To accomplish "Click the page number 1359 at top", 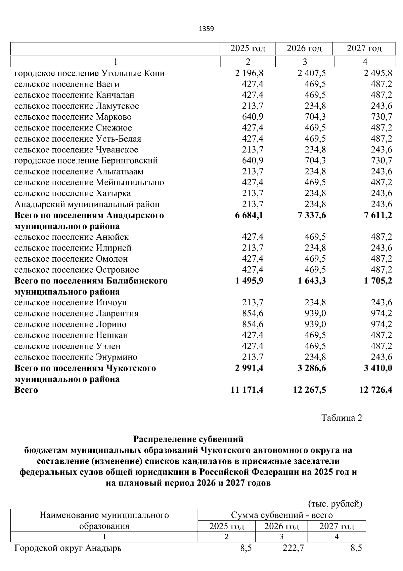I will [x=206, y=29].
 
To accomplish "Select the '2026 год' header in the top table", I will [x=304, y=48].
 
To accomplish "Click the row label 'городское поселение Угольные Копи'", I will [x=89, y=73].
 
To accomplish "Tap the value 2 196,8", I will [x=249, y=73].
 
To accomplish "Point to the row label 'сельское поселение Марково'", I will [x=73, y=117].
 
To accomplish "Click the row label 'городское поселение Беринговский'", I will [x=86, y=161].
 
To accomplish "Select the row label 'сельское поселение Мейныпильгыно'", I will [x=89, y=183].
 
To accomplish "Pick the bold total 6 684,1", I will [x=249, y=215].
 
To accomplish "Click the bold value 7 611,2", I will [x=378, y=215].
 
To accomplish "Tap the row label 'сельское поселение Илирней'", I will [x=73, y=248].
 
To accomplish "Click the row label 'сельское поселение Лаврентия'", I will [x=76, y=314].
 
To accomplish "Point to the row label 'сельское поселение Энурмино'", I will [x=76, y=357].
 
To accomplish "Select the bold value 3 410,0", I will [x=378, y=368].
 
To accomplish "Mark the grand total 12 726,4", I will [x=375, y=390].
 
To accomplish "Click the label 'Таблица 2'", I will [x=342, y=418].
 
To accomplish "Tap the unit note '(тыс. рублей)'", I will [x=335, y=504].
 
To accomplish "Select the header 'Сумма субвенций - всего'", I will [x=281, y=515].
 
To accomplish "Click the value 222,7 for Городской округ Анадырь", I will [x=293, y=548].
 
